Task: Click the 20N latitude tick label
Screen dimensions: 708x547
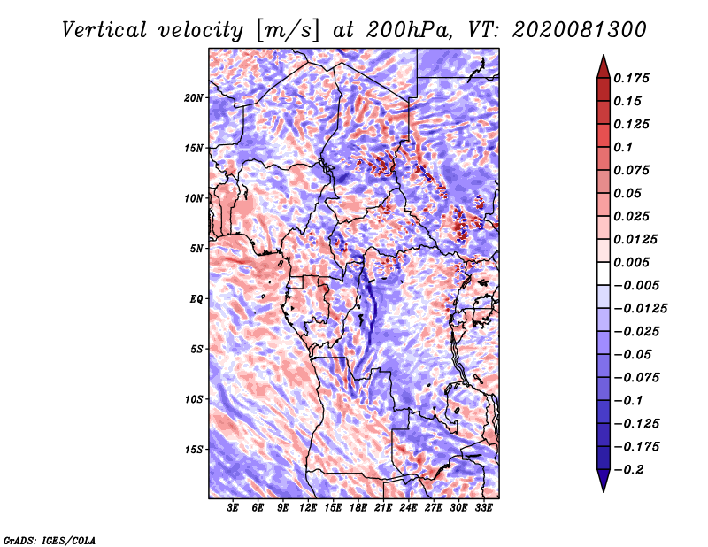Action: [194, 98]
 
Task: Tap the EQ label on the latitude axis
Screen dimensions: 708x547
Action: [196, 299]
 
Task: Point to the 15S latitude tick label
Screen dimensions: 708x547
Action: [194, 450]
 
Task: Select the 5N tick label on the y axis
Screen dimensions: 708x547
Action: [196, 249]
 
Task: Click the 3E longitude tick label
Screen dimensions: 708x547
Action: [233, 508]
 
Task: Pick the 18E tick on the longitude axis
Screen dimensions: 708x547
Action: [358, 508]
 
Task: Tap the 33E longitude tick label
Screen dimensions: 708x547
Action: [483, 508]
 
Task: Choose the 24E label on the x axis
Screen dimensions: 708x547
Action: [408, 508]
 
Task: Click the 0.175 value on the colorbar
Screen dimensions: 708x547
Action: [631, 78]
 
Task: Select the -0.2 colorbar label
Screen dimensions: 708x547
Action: [628, 470]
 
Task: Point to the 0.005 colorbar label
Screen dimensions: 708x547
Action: [631, 262]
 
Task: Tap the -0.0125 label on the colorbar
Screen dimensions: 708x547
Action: [640, 309]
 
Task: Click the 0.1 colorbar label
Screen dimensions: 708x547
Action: [623, 147]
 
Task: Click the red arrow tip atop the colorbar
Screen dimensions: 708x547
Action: [604, 55]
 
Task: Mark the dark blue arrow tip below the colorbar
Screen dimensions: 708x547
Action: [604, 491]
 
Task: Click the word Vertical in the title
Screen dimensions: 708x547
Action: [104, 30]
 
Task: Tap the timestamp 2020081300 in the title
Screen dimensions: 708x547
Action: [580, 30]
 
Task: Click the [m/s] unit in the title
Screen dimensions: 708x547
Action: [287, 31]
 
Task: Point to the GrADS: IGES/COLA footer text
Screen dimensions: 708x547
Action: [50, 540]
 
